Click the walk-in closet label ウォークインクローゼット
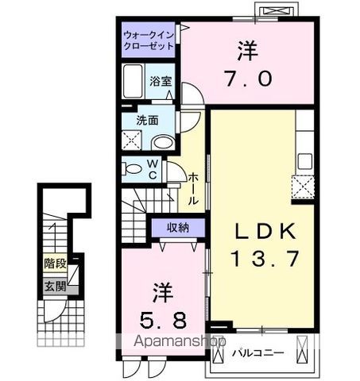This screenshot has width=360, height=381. (149, 40)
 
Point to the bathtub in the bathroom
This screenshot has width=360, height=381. (133, 83)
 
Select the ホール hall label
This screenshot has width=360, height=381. (193, 190)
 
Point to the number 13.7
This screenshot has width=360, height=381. (256, 258)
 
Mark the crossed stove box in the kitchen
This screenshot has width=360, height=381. (304, 187)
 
